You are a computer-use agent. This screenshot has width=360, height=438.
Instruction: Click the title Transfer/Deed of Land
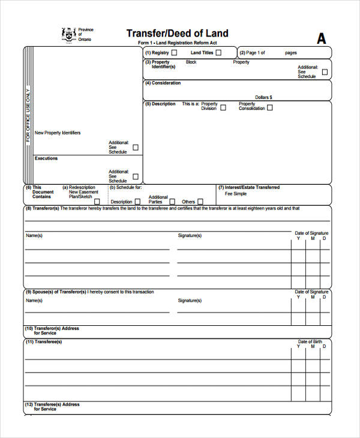[177, 33]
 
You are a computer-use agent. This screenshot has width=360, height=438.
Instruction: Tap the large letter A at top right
[322, 38]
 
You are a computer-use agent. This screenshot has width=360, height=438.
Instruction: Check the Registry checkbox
[174, 53]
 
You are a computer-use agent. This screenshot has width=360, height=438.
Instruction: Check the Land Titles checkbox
[218, 53]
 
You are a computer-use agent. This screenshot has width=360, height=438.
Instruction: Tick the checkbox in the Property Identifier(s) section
[325, 72]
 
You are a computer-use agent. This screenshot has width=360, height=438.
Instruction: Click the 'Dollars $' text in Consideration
[263, 97]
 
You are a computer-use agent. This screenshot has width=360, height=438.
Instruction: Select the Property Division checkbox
[223, 108]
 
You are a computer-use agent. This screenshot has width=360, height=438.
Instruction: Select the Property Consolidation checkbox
[269, 108]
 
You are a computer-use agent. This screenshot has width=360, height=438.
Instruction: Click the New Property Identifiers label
[58, 133]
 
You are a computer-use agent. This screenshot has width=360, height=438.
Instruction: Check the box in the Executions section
[136, 176]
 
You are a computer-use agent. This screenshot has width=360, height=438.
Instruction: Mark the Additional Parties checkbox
[172, 202]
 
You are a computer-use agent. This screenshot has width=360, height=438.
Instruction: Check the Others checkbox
[200, 202]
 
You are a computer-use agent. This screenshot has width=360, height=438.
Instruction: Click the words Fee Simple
[236, 194]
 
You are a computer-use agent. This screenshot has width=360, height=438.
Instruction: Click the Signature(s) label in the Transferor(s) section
[190, 236]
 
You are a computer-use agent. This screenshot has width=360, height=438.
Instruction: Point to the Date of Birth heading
[310, 342]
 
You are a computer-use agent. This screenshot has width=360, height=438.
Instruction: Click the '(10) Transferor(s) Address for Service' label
[52, 331]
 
